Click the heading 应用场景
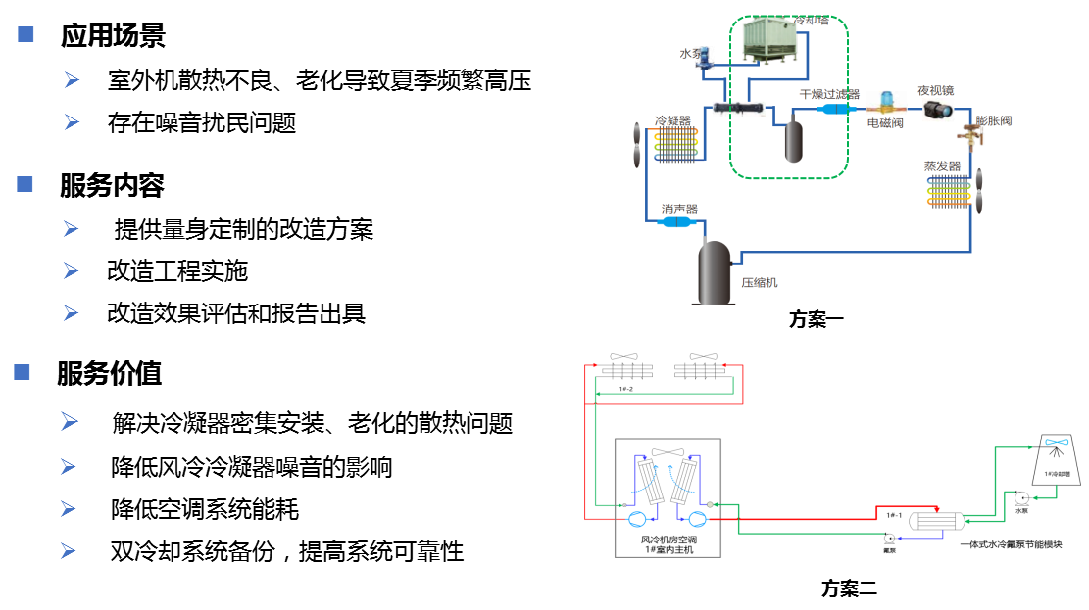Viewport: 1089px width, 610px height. (113, 37)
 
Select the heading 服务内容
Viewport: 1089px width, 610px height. (112, 185)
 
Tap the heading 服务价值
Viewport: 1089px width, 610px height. (110, 373)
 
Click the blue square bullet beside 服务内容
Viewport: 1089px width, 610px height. (25, 183)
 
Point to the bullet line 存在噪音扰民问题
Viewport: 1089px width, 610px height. (202, 123)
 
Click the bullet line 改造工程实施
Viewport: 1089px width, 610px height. (177, 271)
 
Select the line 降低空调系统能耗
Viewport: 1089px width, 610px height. (205, 509)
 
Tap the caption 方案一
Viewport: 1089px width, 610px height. (816, 318)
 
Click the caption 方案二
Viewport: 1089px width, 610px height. (849, 588)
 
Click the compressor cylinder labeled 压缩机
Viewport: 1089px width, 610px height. (715, 273)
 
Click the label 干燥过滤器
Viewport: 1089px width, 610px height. (829, 94)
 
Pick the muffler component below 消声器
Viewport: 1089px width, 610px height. (677, 223)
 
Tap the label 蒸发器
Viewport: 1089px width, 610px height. (942, 165)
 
